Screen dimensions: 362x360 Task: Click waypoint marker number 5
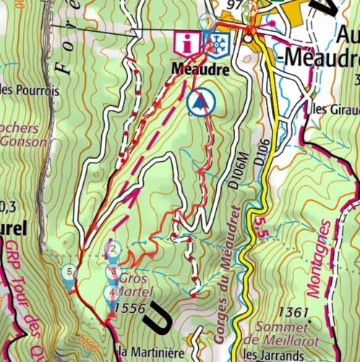tap(69, 273)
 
